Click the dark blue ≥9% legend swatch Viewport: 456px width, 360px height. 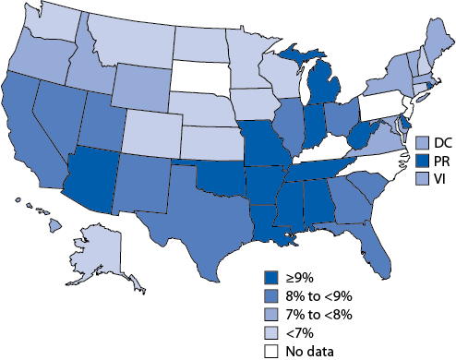tap(270, 276)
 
